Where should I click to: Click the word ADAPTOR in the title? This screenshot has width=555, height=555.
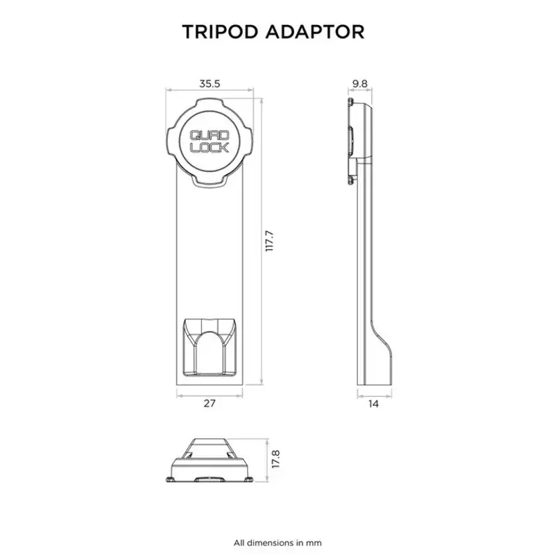point(315,32)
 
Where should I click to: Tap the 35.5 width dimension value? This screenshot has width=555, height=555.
point(210,84)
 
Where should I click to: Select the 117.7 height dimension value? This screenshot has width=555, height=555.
point(270,241)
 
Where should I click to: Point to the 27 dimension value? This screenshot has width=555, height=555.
point(210,403)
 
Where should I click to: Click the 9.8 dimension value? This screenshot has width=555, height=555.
point(360,84)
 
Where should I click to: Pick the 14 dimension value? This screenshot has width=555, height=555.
point(373,404)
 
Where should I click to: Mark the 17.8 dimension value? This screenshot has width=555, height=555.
point(276,459)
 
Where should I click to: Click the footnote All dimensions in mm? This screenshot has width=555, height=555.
point(277,543)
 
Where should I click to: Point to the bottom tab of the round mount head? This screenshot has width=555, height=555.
point(210,180)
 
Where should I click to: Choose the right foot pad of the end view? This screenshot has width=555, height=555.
point(248,479)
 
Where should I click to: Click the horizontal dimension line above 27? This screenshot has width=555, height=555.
point(210,395)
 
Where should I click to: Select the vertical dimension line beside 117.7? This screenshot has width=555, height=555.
point(262,241)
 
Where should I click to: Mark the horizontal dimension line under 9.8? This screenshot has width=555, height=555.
point(360,90)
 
